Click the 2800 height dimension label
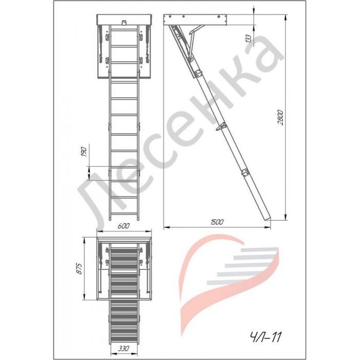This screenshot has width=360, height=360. click(281, 118)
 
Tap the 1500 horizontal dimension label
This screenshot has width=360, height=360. click(217, 222)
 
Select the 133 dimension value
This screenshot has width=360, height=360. click(248, 39)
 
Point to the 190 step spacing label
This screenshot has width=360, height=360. click(84, 152)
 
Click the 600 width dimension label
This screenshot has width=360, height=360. click(123, 226)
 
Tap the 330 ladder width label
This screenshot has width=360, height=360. click(123, 349)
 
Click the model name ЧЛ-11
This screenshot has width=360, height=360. click(265, 337)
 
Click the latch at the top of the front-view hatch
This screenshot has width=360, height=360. click(124, 22)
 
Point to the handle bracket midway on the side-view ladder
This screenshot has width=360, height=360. click(221, 127)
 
